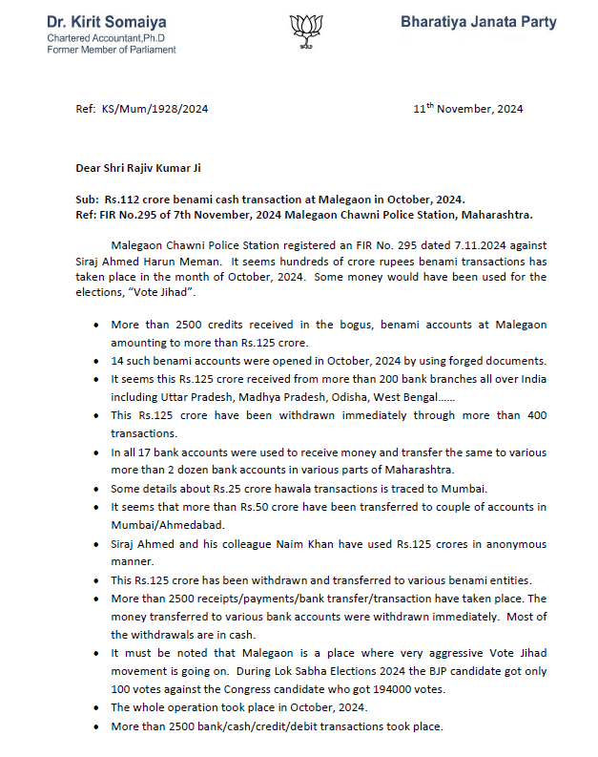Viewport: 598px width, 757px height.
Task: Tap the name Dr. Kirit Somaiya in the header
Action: click(108, 20)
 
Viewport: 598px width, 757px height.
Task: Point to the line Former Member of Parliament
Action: click(112, 50)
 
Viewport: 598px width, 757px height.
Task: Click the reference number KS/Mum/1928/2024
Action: click(155, 110)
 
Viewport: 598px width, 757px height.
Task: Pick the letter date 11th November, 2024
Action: click(467, 110)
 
